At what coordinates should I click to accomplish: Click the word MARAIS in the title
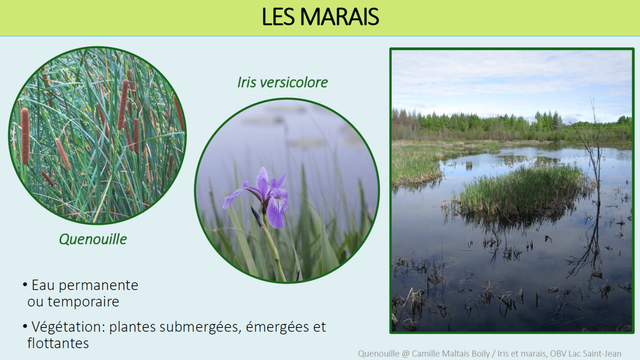tap(339, 17)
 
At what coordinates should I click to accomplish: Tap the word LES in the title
tap(278, 17)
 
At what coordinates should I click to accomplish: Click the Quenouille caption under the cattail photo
tap(93, 239)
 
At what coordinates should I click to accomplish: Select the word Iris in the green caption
tap(246, 82)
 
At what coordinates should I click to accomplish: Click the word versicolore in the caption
tap(294, 82)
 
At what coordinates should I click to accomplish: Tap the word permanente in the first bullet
tap(98, 285)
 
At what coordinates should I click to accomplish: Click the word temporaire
tap(83, 301)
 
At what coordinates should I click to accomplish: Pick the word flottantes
tap(58, 343)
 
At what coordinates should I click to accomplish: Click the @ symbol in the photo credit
tap(406, 354)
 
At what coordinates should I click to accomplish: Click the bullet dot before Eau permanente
tap(25, 285)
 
